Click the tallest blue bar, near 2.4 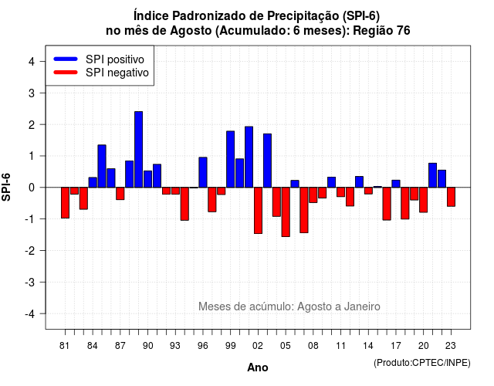click(x=138, y=149)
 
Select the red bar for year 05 click(x=286, y=212)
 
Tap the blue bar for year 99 click(x=230, y=159)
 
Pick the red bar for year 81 click(x=65, y=202)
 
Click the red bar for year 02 click(x=258, y=211)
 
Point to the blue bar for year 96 click(x=203, y=172)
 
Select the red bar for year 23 click(x=451, y=197)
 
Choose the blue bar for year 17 click(x=396, y=184)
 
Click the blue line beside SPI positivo click(x=66, y=59)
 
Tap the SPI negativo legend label click(x=117, y=73)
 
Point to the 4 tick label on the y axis click(x=32, y=62)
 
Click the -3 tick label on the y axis click(x=30, y=282)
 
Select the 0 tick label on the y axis click(x=32, y=188)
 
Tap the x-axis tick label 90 click(x=147, y=346)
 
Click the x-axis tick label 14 click(x=368, y=346)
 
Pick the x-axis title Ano click(x=257, y=367)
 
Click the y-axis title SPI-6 click(x=6, y=188)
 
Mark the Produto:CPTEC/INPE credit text click(x=422, y=363)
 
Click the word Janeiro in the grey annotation click(x=362, y=306)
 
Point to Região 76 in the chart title click(x=381, y=31)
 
